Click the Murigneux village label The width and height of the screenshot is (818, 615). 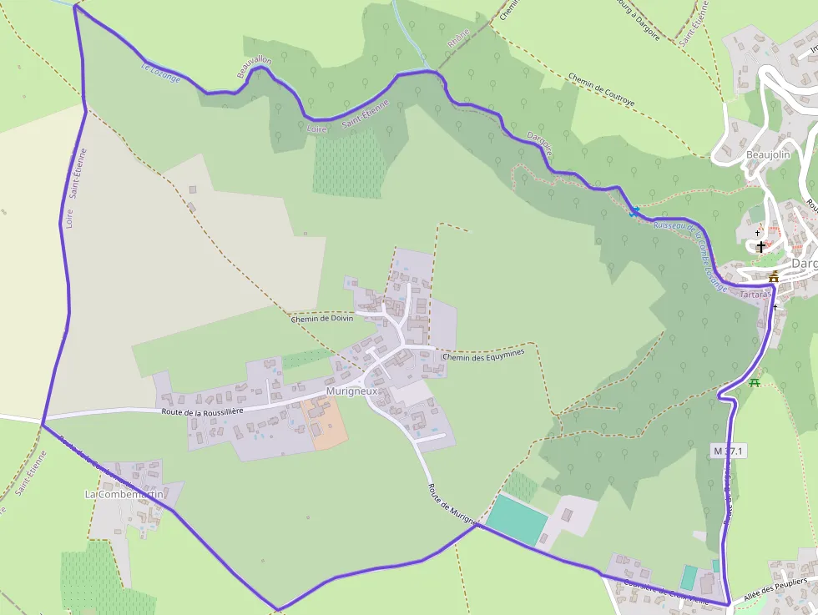[352, 391]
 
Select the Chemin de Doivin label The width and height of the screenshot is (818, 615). [321, 318]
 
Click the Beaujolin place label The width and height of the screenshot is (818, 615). [767, 154]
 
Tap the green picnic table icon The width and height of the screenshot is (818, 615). [755, 382]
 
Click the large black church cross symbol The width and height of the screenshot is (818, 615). [760, 246]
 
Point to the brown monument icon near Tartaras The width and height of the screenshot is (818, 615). [774, 277]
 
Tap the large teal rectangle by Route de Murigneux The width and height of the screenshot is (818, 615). [517, 518]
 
